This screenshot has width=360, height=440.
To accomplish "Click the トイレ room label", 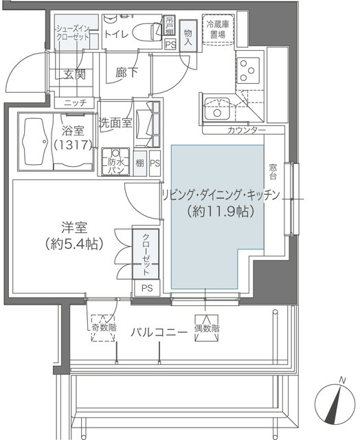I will [115, 32].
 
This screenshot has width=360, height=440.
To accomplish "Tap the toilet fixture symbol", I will [144, 32].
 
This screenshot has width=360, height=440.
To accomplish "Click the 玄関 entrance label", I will [74, 75].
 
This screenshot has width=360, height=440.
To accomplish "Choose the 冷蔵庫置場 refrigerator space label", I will [218, 27].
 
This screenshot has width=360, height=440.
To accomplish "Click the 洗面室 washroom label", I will [115, 124].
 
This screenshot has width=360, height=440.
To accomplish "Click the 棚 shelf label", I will [139, 164].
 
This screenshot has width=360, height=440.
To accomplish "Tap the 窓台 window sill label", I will [273, 172].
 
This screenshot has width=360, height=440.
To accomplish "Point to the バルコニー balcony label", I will [159, 332].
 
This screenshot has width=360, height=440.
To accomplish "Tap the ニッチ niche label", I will [75, 103].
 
